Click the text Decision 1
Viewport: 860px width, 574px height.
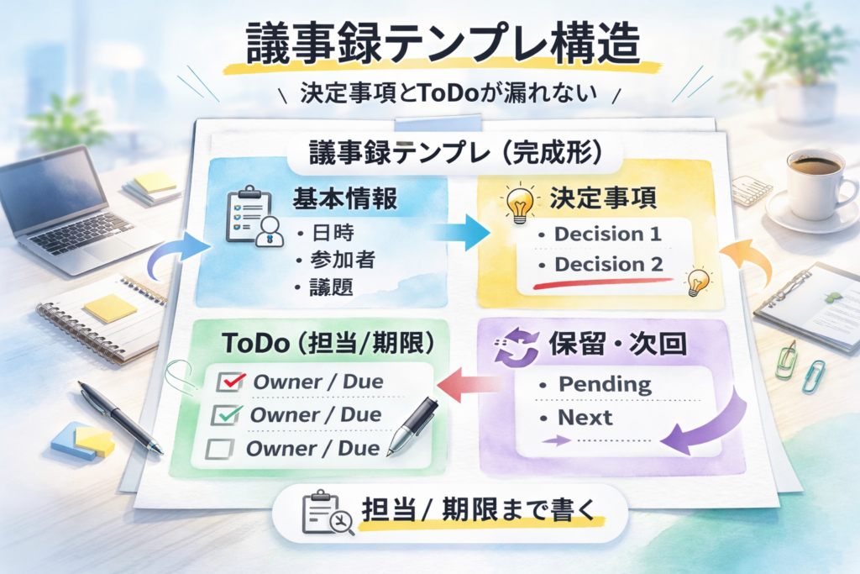point(608,234)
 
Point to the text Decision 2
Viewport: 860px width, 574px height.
point(608,265)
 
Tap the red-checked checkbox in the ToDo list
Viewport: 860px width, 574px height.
point(228,382)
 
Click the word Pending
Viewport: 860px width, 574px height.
point(605,385)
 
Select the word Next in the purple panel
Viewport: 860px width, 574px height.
point(585,418)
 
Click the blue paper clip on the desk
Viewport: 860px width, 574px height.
point(812,376)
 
